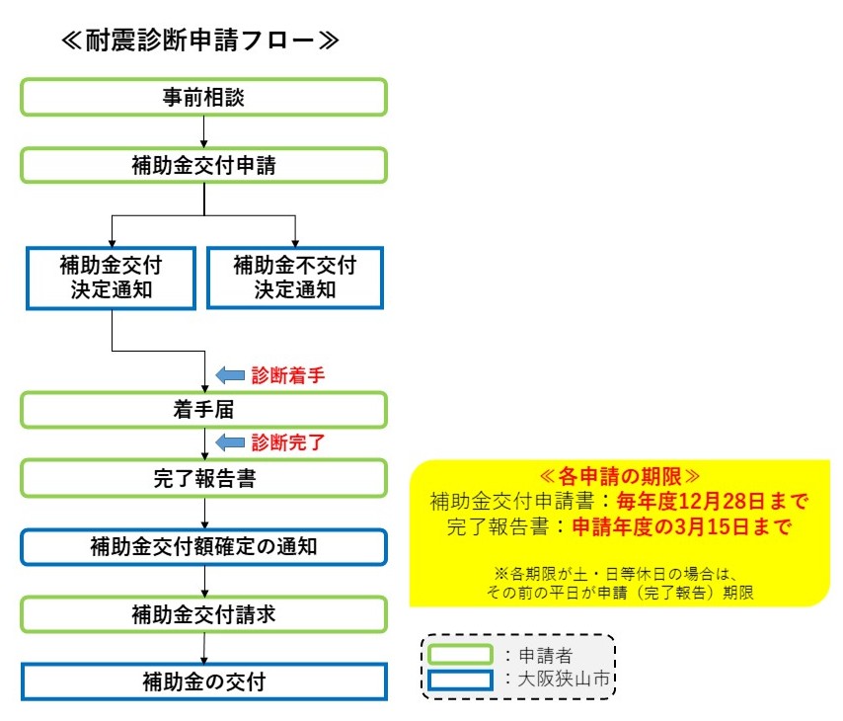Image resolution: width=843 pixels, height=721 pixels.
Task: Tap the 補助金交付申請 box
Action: tap(203, 164)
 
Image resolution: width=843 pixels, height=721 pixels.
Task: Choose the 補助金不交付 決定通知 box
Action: tap(295, 278)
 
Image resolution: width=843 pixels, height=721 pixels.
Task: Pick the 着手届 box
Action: tap(203, 409)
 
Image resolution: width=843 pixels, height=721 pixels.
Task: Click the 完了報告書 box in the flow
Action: tap(203, 478)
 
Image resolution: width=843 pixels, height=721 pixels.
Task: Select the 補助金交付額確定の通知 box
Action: tap(203, 545)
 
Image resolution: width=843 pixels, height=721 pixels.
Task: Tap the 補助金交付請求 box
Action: tap(203, 613)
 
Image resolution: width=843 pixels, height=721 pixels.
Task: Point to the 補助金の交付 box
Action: tap(203, 681)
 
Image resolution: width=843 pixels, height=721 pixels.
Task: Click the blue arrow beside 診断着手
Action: tap(229, 375)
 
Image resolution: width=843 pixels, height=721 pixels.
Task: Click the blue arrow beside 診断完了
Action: tap(229, 441)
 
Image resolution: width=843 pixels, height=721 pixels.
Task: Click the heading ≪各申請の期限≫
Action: tap(618, 475)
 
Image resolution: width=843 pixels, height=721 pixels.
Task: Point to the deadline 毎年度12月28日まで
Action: tap(712, 501)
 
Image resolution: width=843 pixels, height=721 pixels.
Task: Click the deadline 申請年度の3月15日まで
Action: tap(682, 525)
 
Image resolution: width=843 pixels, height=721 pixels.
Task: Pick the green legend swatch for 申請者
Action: tap(460, 654)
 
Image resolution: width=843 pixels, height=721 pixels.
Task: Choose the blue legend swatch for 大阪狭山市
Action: tap(460, 680)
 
